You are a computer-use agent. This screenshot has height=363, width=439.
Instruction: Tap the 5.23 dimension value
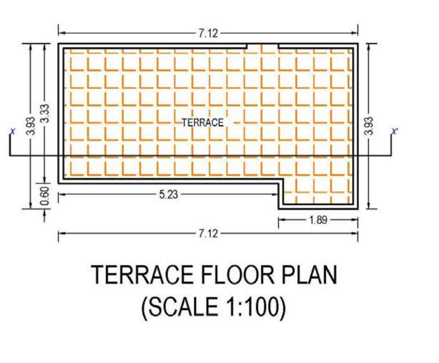[168, 194]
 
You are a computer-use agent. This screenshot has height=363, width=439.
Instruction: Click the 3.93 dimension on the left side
[31, 126]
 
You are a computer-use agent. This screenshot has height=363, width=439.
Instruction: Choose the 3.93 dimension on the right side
[369, 126]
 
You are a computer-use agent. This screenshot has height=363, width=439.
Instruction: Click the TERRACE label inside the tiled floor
[202, 122]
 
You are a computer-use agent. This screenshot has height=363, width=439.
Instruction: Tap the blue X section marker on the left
[12, 131]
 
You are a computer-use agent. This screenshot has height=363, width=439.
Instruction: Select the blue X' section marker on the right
[395, 131]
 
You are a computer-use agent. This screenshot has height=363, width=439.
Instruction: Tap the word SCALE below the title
[182, 308]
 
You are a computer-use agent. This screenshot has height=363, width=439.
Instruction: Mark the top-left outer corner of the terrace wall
[58, 44]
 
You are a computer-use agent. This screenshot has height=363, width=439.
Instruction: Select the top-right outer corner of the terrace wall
[357, 44]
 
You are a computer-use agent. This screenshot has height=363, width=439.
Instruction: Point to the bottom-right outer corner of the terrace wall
[357, 208]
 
